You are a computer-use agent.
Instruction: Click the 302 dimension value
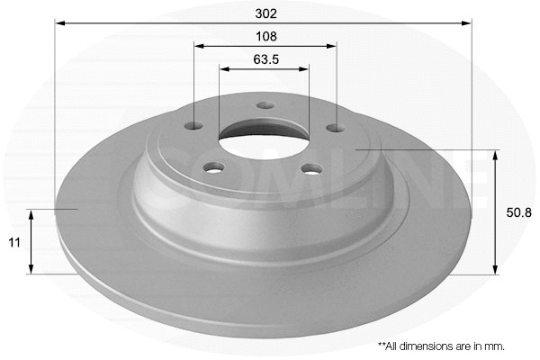point(265,13)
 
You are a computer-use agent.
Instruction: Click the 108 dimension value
point(265,37)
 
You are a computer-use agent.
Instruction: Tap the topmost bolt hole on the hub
point(265,105)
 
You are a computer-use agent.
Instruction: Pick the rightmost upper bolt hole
point(336,128)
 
